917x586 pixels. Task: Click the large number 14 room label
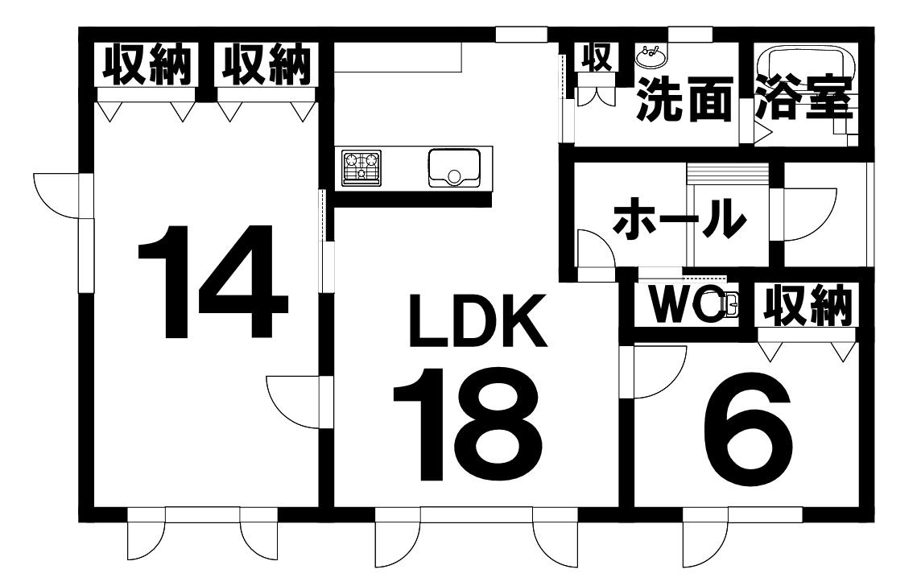click(213, 281)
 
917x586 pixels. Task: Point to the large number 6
click(748, 431)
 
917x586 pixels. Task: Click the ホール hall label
click(679, 219)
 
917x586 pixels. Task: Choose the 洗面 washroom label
click(685, 100)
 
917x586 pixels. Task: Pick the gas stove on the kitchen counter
click(361, 168)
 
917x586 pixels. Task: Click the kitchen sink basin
click(454, 168)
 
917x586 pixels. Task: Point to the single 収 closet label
click(596, 56)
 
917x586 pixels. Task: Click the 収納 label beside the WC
click(807, 305)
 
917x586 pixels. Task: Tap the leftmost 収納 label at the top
click(147, 64)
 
